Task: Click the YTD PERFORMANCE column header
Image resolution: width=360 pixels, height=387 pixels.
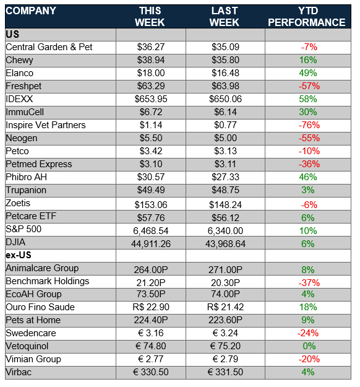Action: pyautogui.click(x=306, y=17)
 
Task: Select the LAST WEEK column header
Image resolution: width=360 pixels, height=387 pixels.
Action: pyautogui.click(x=224, y=17)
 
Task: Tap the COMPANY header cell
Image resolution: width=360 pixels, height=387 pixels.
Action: pyautogui.click(x=31, y=11)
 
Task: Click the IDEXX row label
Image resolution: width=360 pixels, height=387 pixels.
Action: pyautogui.click(x=19, y=99)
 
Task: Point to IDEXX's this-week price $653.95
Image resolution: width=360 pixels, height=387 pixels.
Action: pyautogui.click(x=151, y=99)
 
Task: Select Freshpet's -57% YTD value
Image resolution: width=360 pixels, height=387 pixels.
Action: pyautogui.click(x=309, y=86)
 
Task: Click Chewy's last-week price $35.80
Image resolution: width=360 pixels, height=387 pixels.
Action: pyautogui.click(x=225, y=60)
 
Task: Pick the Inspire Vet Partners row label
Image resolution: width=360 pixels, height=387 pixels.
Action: pyautogui.click(x=46, y=125)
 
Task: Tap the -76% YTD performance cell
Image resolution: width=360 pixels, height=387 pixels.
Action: pyautogui.click(x=309, y=125)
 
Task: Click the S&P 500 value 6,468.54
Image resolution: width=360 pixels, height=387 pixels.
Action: pyautogui.click(x=151, y=231)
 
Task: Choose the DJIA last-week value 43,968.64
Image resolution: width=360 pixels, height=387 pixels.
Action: pyautogui.click(x=225, y=244)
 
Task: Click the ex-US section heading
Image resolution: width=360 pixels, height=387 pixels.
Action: pyautogui.click(x=19, y=255)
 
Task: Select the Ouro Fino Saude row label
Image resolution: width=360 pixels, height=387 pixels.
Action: pyautogui.click(x=40, y=307)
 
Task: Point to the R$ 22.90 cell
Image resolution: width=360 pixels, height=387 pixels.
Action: pyautogui.click(x=151, y=307)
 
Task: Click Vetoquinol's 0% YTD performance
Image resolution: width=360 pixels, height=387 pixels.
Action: pyautogui.click(x=309, y=346)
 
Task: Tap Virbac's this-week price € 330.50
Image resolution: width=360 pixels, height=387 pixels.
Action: pyautogui.click(x=151, y=372)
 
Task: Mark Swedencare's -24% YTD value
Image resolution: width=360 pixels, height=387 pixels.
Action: pyautogui.click(x=308, y=333)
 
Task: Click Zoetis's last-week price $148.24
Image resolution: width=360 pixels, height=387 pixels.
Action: pyautogui.click(x=225, y=205)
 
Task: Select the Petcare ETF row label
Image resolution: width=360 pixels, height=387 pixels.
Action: pyautogui.click(x=31, y=216)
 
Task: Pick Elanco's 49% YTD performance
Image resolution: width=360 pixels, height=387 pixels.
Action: pyautogui.click(x=308, y=73)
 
